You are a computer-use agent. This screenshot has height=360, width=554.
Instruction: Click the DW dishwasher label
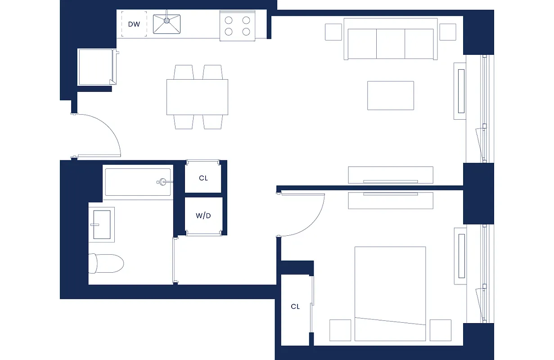[x=134, y=24]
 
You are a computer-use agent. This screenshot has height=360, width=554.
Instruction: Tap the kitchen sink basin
[x=167, y=24]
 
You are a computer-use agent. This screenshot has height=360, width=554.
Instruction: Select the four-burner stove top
[x=237, y=26]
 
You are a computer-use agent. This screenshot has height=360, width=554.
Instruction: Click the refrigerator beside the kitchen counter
[x=95, y=67]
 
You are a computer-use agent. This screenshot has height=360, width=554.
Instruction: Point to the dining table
[x=197, y=97]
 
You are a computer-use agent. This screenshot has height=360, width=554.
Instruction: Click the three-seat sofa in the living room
[x=391, y=40]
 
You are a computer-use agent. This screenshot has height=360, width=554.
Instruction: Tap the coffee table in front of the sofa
[x=391, y=95]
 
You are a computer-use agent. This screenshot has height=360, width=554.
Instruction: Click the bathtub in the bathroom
[x=137, y=182]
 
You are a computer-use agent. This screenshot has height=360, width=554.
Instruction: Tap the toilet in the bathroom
[x=106, y=263]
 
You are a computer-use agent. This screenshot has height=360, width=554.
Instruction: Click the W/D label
[x=203, y=216]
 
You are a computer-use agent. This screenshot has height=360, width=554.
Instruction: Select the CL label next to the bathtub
[x=203, y=178]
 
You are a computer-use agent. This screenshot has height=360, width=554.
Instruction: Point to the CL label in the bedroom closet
[x=295, y=307]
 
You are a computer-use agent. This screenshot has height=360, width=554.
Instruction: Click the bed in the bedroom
[x=390, y=292]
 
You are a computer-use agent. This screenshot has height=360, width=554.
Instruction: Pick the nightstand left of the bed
[x=340, y=330]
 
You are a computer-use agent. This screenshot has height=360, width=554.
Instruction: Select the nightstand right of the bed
[x=440, y=330]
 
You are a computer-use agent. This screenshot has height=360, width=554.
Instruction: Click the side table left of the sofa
[x=333, y=31]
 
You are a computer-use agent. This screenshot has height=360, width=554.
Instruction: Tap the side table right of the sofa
[x=448, y=31]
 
